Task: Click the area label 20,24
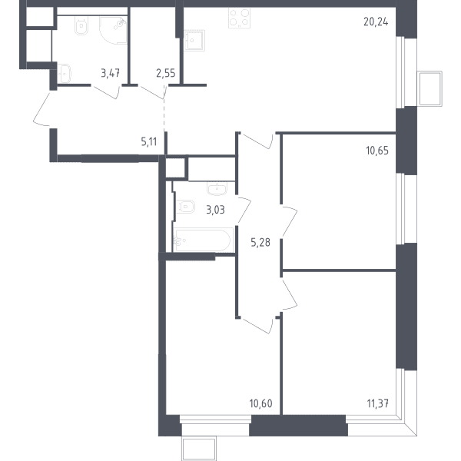pos(376,22)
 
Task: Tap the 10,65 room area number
pos(377,151)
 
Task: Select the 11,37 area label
pos(378,403)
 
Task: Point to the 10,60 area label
pos(260,403)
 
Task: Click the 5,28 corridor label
pos(260,243)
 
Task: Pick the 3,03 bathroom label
pos(215,211)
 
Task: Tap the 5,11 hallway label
pos(149,142)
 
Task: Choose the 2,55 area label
pos(166,73)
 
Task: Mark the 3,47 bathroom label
pos(110,73)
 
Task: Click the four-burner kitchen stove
pos(239,18)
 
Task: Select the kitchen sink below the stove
pos(194,40)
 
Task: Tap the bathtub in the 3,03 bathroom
pos(203,240)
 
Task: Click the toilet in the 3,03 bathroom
pos(185,207)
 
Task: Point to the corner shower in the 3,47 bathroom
pos(113,30)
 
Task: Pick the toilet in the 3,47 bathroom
pos(81,25)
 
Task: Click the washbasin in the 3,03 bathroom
pos(217,189)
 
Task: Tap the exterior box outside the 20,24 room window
pos(429,88)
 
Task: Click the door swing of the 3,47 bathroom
pos(107,91)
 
